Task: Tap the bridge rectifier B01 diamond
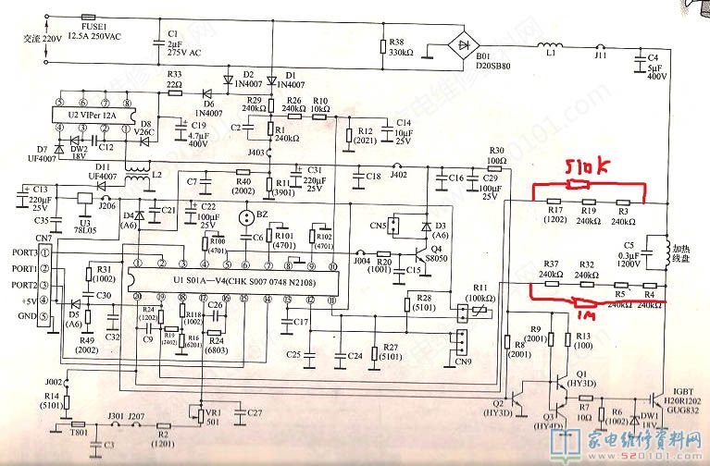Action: click(x=462, y=44)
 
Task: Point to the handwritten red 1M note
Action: click(x=588, y=313)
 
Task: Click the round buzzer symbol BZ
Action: click(x=246, y=218)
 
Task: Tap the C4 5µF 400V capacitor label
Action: click(x=654, y=66)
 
